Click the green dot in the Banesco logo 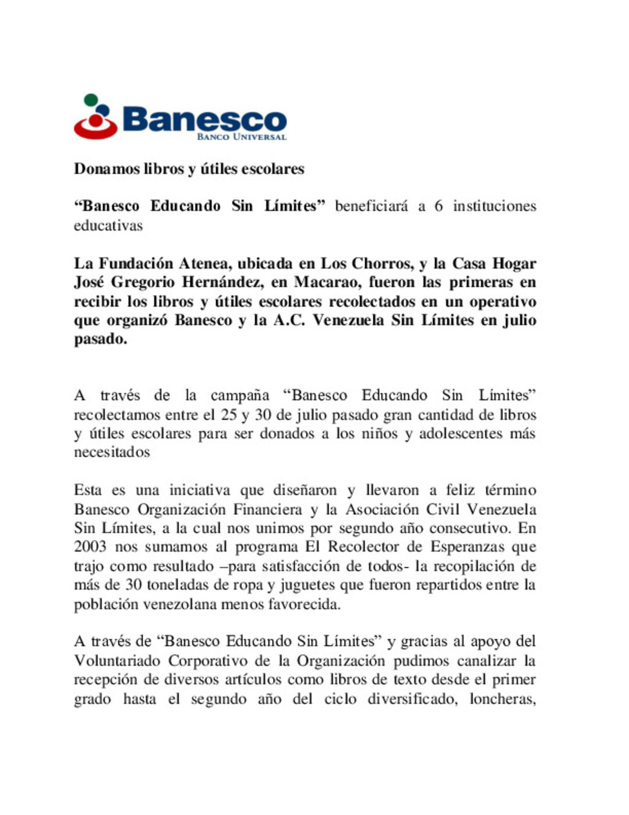(90, 100)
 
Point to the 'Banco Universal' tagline (242, 137)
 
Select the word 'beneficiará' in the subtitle (371, 206)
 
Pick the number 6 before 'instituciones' (438, 206)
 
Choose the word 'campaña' (239, 395)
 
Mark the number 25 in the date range (228, 414)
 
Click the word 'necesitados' (112, 452)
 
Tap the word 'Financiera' (267, 510)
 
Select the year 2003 (90, 547)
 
